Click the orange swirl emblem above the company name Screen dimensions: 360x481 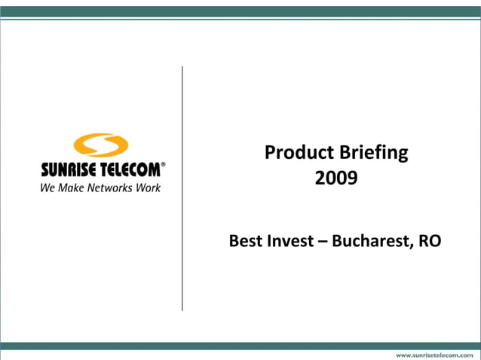pos(101,145)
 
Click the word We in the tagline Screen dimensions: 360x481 pos(47,188)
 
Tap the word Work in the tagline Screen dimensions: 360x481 pos(148,188)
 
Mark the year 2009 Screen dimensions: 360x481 pos(335,179)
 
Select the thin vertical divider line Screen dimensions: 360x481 pos(182,188)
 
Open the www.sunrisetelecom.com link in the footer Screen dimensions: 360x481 pos(435,353)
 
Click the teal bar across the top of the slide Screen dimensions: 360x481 pos(240,11)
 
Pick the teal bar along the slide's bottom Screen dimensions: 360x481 pos(240,344)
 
